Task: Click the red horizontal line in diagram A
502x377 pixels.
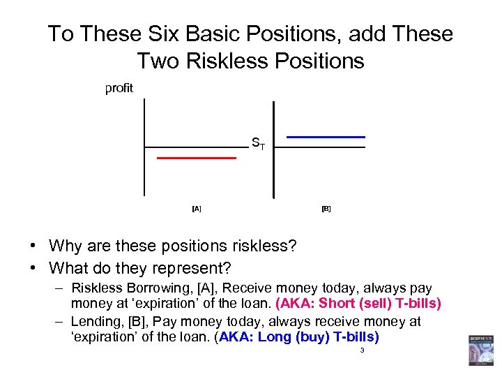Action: pyautogui.click(x=197, y=158)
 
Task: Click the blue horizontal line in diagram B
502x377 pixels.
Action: pyautogui.click(x=326, y=137)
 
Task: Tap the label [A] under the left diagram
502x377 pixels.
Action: pyautogui.click(x=197, y=209)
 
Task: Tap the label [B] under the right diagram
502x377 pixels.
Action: pyautogui.click(x=326, y=209)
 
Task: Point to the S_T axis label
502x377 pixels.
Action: pyautogui.click(x=258, y=145)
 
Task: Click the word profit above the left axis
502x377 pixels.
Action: pyautogui.click(x=119, y=88)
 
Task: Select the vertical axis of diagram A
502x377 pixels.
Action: pyautogui.click(x=144, y=147)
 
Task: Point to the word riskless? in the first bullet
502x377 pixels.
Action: pyautogui.click(x=263, y=246)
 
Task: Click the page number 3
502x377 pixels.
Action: pyautogui.click(x=362, y=350)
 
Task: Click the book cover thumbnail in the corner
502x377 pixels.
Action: pyautogui.click(x=480, y=350)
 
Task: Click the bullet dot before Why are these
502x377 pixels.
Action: pyautogui.click(x=33, y=246)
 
